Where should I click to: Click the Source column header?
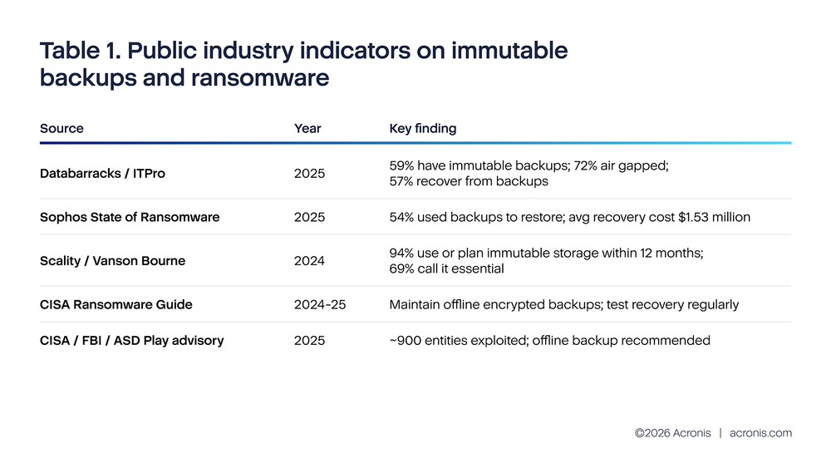click(x=61, y=129)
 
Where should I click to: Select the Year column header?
click(x=307, y=129)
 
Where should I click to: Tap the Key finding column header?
click(x=422, y=129)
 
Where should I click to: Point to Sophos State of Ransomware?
click(x=130, y=217)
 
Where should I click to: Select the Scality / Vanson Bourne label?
click(x=112, y=261)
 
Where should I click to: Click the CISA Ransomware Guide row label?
click(x=116, y=304)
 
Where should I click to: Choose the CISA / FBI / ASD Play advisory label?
click(x=131, y=340)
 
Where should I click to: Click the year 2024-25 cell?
click(x=320, y=304)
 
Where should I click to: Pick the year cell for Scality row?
click(x=309, y=261)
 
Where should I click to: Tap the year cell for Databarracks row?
click(x=309, y=174)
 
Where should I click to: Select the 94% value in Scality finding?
click(x=402, y=253)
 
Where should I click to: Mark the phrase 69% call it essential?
click(x=446, y=268)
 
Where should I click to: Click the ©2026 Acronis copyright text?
click(x=672, y=433)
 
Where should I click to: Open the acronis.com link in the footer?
click(x=760, y=433)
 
